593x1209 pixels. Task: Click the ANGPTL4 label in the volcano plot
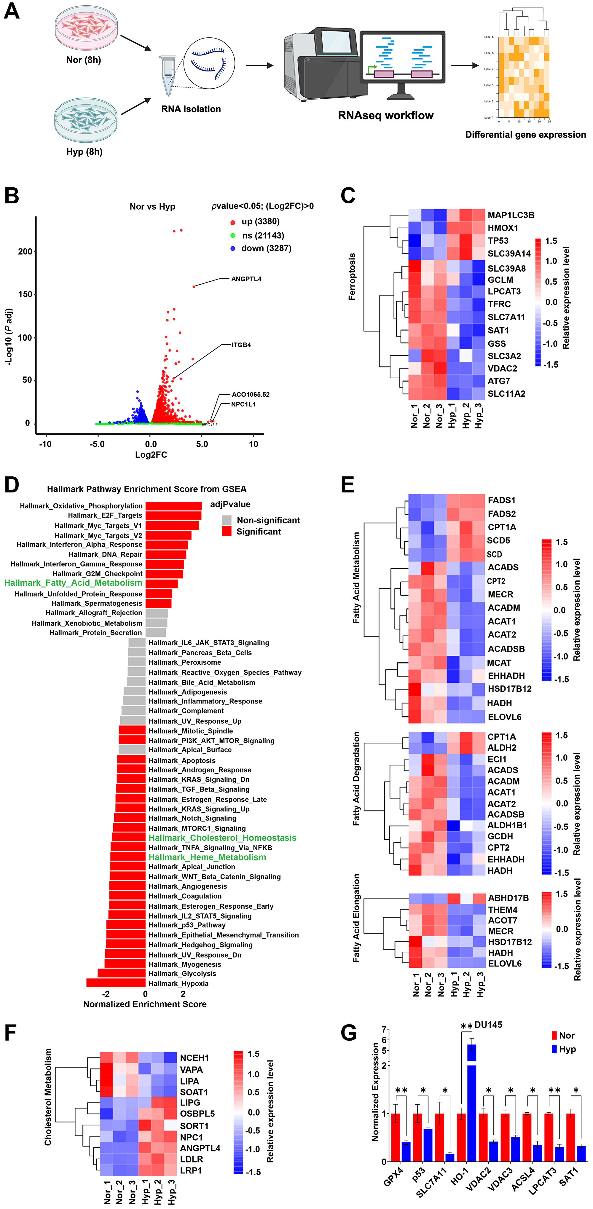pyautogui.click(x=246, y=279)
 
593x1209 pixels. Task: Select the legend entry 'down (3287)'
pyautogui.click(x=266, y=248)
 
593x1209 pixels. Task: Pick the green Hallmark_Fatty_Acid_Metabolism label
pyautogui.click(x=73, y=583)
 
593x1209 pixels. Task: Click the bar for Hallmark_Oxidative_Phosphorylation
pyautogui.click(x=173, y=505)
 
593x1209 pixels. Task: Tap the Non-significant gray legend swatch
pyautogui.click(x=227, y=520)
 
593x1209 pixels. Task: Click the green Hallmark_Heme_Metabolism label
pyautogui.click(x=207, y=857)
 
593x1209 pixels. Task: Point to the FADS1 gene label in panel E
pyautogui.click(x=501, y=500)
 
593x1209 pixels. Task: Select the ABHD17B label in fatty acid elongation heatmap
pyautogui.click(x=508, y=898)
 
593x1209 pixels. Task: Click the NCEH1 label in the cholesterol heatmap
pyautogui.click(x=194, y=1058)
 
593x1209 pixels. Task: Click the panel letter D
pyautogui.click(x=12, y=485)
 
